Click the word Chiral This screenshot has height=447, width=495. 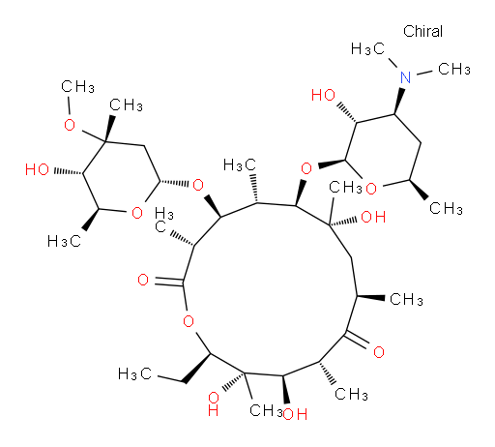click(x=422, y=31)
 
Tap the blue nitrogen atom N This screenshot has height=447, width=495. click(x=405, y=77)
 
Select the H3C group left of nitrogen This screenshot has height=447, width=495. click(x=367, y=49)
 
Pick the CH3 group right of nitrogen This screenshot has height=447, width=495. click(x=454, y=69)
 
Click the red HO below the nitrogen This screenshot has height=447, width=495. click(x=323, y=95)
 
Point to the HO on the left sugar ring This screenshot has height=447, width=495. click(x=37, y=169)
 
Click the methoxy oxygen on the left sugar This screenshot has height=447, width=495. click(x=70, y=125)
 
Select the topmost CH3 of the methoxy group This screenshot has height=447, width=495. click(x=77, y=87)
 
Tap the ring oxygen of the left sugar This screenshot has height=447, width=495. click(x=137, y=213)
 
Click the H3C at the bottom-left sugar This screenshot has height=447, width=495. click(x=64, y=241)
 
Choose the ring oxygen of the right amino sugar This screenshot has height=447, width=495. click(x=371, y=189)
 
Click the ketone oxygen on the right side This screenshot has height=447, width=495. click(x=379, y=352)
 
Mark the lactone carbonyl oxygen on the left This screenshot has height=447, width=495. click(x=143, y=280)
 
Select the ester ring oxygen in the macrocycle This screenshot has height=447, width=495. click(x=189, y=321)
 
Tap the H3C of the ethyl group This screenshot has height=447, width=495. click(x=134, y=373)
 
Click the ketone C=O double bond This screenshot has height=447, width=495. click(x=357, y=340)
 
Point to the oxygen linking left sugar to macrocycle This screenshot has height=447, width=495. click(x=198, y=185)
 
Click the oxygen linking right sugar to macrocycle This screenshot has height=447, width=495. click(x=306, y=168)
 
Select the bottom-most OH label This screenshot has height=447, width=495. click(x=295, y=414)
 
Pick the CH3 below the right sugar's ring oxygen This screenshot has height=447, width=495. click(x=446, y=208)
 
